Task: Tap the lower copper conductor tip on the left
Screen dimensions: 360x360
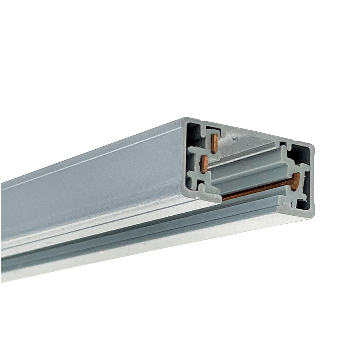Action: click(x=204, y=164)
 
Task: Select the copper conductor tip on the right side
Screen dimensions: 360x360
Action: click(x=296, y=181)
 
